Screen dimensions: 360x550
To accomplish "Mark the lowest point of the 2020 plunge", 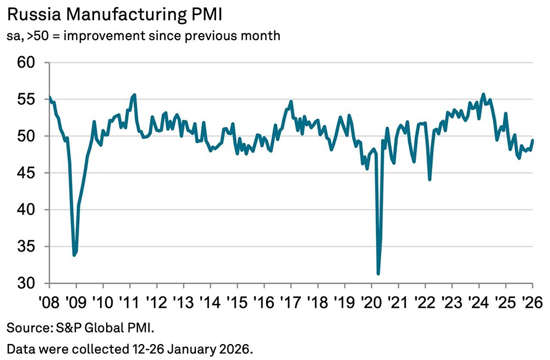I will point(378,274).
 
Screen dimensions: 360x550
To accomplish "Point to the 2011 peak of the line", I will point(135,95).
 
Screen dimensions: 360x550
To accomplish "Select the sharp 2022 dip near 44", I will point(429,179).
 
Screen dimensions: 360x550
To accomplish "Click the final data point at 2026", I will point(532,140).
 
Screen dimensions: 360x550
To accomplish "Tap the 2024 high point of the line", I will point(483,94).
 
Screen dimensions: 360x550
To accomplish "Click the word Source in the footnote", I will point(23,328).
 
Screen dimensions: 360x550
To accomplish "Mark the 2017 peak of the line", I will point(290,101).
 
